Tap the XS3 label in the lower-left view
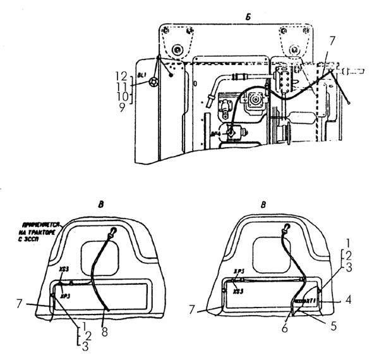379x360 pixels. point(64,269)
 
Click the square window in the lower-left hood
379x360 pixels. point(99,257)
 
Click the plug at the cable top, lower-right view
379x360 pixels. point(287,228)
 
